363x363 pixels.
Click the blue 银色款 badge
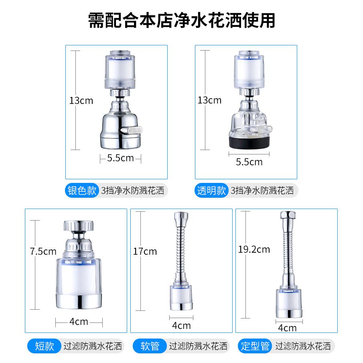click(82, 191)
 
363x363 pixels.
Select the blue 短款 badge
click(44, 346)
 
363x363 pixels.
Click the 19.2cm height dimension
click(254, 250)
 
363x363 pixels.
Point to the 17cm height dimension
click(145, 252)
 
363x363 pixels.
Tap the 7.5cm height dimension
click(43, 252)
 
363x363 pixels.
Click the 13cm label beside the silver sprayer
click(81, 100)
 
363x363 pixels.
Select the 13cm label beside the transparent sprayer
click(209, 100)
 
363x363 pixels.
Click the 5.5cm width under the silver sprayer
click(120, 158)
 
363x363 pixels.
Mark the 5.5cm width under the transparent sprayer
click(249, 162)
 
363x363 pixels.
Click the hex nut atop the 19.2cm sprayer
click(286, 215)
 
